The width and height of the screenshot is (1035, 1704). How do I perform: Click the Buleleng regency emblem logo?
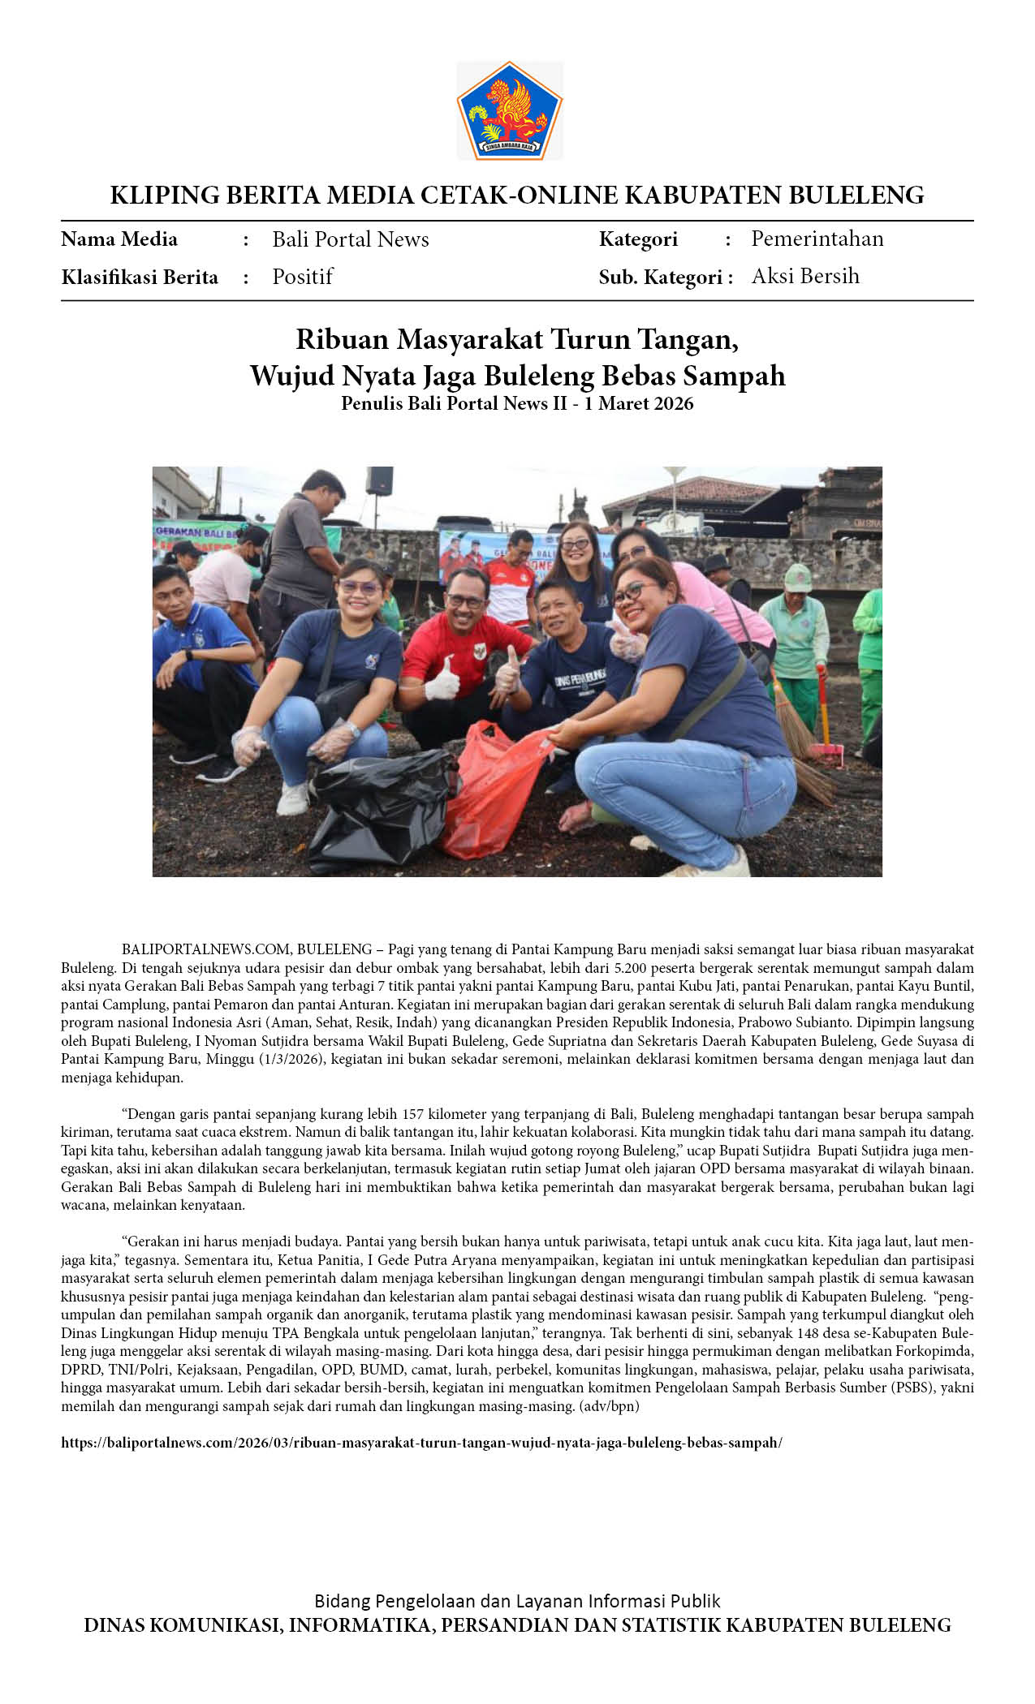(x=509, y=110)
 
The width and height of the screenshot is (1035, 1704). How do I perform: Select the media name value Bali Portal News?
(x=350, y=239)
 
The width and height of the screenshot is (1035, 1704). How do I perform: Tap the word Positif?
(x=302, y=277)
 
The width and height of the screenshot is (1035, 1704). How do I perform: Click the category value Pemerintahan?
(x=817, y=239)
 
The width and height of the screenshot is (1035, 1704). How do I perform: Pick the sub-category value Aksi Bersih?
(x=804, y=276)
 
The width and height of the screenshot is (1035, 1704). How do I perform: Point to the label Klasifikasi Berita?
(x=140, y=278)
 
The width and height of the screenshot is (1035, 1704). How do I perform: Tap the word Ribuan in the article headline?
(x=342, y=338)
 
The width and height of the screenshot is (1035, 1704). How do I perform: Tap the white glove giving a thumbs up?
(x=443, y=680)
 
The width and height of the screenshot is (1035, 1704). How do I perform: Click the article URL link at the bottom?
(x=421, y=1442)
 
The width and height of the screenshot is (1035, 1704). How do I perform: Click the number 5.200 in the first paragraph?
(x=632, y=967)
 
